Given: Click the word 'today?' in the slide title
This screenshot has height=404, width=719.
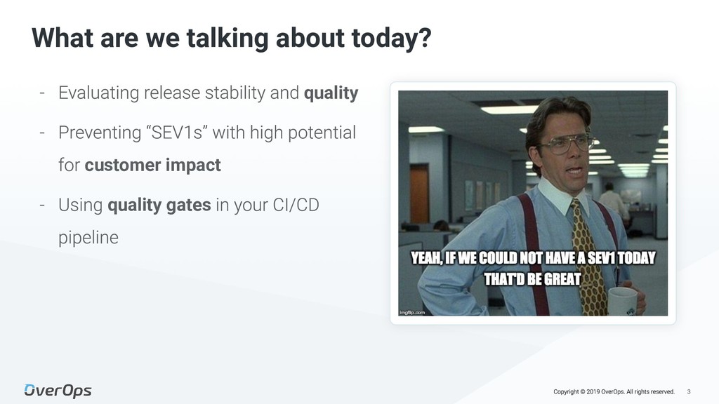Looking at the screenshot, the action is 392,39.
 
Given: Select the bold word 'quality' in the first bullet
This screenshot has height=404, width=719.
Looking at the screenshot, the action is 331,93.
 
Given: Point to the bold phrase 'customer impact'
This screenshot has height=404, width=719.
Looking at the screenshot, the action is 152,166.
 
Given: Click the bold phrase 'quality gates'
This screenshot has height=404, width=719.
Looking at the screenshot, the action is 159,206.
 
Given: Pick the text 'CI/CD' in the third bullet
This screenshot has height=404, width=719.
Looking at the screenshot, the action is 296,205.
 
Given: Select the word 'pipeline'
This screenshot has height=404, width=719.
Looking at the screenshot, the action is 88,238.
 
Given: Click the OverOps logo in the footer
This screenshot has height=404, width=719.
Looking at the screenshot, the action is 58,390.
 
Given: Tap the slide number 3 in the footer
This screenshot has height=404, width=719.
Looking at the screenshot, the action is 689,391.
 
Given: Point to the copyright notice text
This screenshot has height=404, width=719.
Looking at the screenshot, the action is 614,391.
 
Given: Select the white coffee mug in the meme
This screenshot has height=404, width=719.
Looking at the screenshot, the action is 624,302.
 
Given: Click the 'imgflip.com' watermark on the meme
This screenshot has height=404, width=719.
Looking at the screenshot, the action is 412,312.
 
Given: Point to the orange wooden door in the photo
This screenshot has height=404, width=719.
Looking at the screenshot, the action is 419,194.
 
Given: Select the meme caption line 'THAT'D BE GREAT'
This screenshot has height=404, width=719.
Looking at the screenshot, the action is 532,279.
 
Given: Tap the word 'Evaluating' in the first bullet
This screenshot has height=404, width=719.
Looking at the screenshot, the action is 98,93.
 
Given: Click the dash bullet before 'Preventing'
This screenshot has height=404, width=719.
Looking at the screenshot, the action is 42,133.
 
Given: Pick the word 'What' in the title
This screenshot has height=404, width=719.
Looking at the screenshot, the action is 62,38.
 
